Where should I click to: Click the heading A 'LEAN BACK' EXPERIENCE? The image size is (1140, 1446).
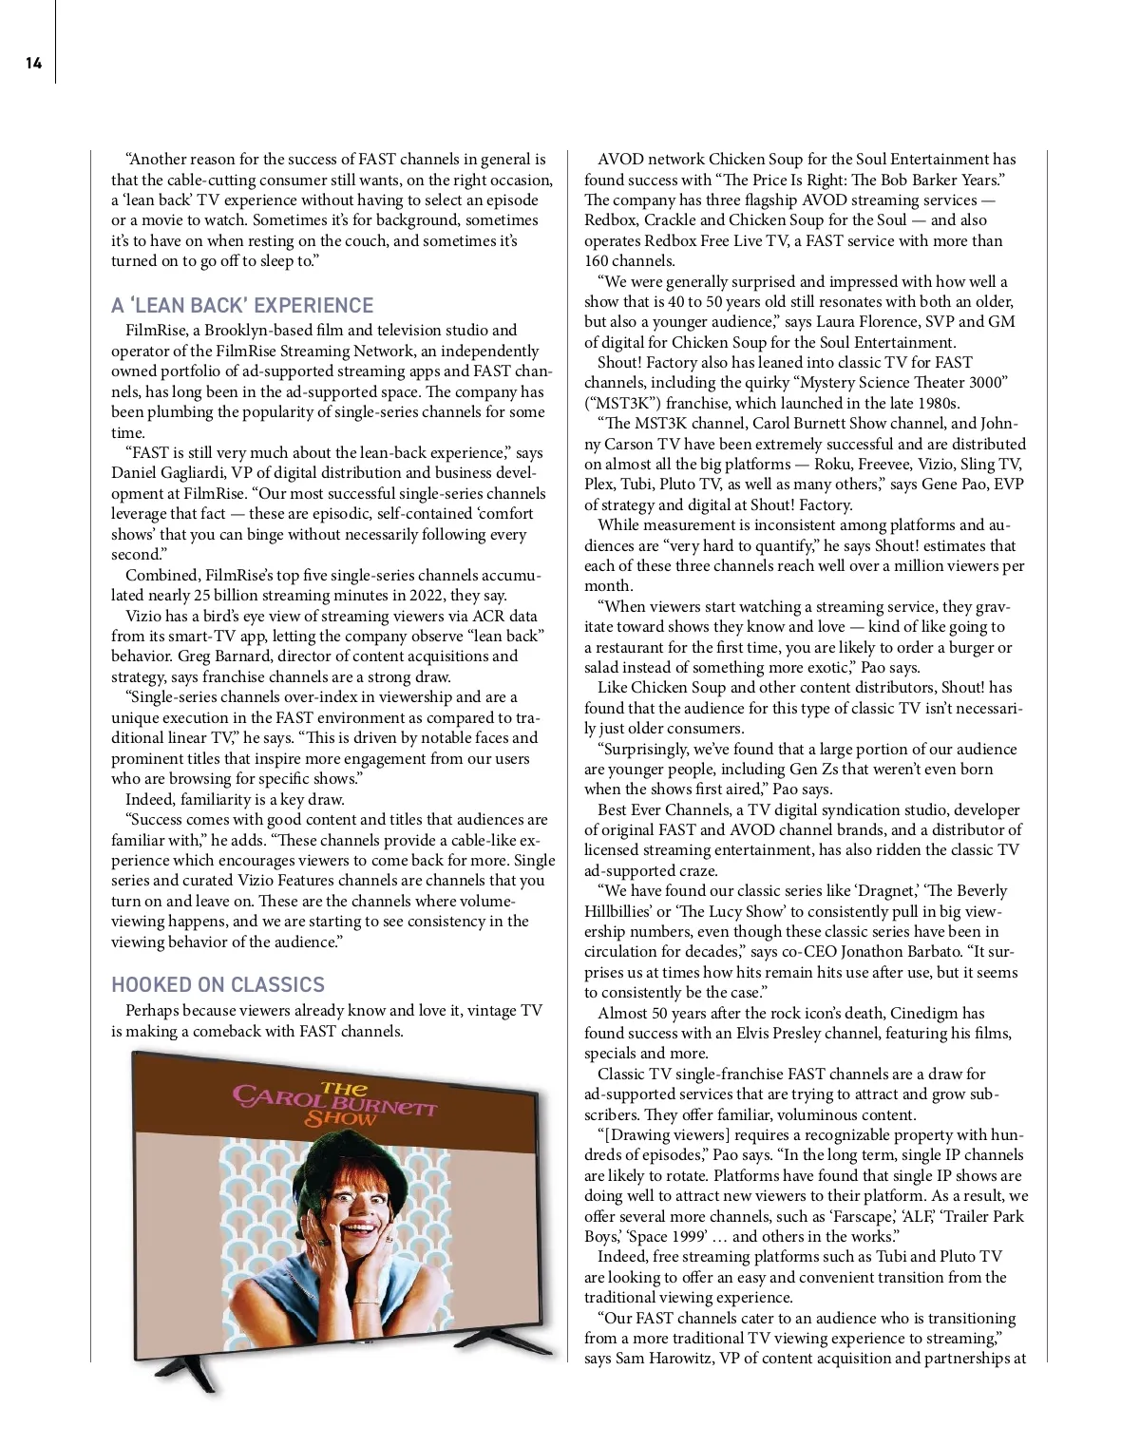[x=242, y=306]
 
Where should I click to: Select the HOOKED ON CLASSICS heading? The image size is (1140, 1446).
[x=218, y=985]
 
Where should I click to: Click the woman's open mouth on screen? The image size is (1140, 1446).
[x=359, y=1230]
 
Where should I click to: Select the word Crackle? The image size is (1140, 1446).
[x=670, y=220]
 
